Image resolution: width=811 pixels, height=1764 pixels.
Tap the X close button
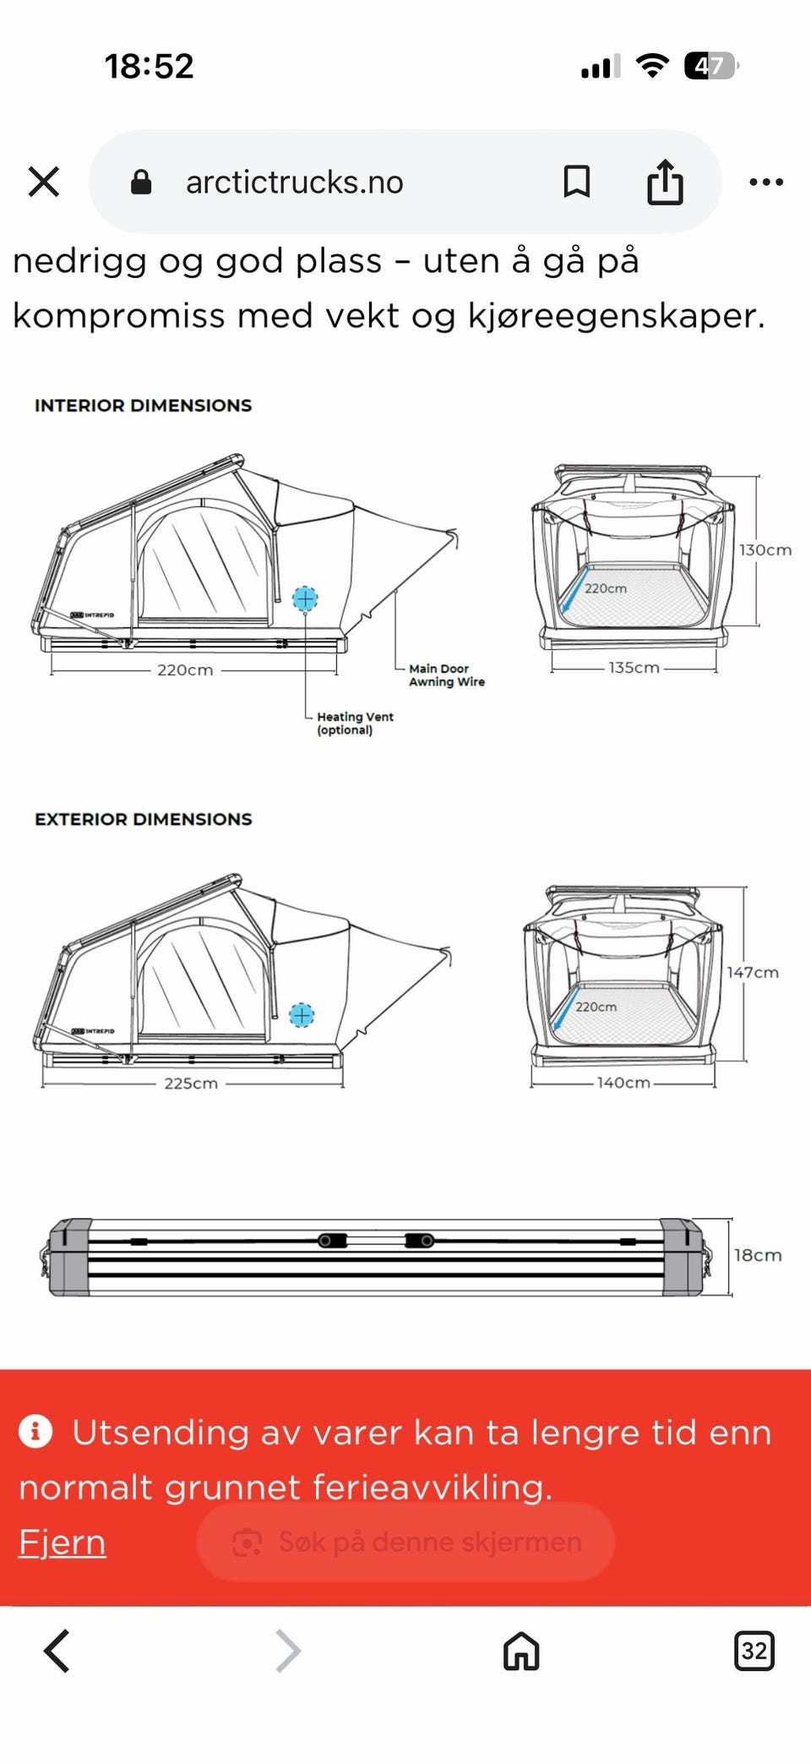click(x=44, y=182)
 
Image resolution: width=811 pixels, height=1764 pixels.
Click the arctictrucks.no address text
click(x=294, y=182)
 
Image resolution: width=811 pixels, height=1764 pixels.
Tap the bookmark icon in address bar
click(x=577, y=182)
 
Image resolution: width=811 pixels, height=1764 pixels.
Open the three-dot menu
click(x=766, y=182)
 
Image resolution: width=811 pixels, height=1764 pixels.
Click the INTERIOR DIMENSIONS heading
click(x=143, y=406)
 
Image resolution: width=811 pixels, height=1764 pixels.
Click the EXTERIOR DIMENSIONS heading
click(x=143, y=819)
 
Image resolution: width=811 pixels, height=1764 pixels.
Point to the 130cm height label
click(x=765, y=550)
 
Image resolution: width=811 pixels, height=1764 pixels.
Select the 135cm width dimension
click(x=634, y=668)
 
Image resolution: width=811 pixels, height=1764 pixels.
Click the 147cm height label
click(x=753, y=973)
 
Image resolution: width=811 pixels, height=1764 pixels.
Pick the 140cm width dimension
click(x=623, y=1083)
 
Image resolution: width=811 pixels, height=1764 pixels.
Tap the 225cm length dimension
click(x=191, y=1084)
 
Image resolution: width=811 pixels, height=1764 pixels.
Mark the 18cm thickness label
click(x=758, y=1255)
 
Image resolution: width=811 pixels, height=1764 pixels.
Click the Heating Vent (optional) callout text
click(x=355, y=724)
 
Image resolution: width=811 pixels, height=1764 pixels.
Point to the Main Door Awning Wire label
click(x=447, y=675)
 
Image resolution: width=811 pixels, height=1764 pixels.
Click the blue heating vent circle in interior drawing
click(x=305, y=598)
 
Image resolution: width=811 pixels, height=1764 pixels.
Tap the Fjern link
click(x=63, y=1542)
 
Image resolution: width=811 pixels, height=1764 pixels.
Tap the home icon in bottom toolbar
click(x=521, y=1651)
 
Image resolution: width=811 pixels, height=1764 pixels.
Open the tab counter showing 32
click(x=754, y=1651)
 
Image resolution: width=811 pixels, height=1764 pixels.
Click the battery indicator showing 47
click(x=711, y=65)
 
